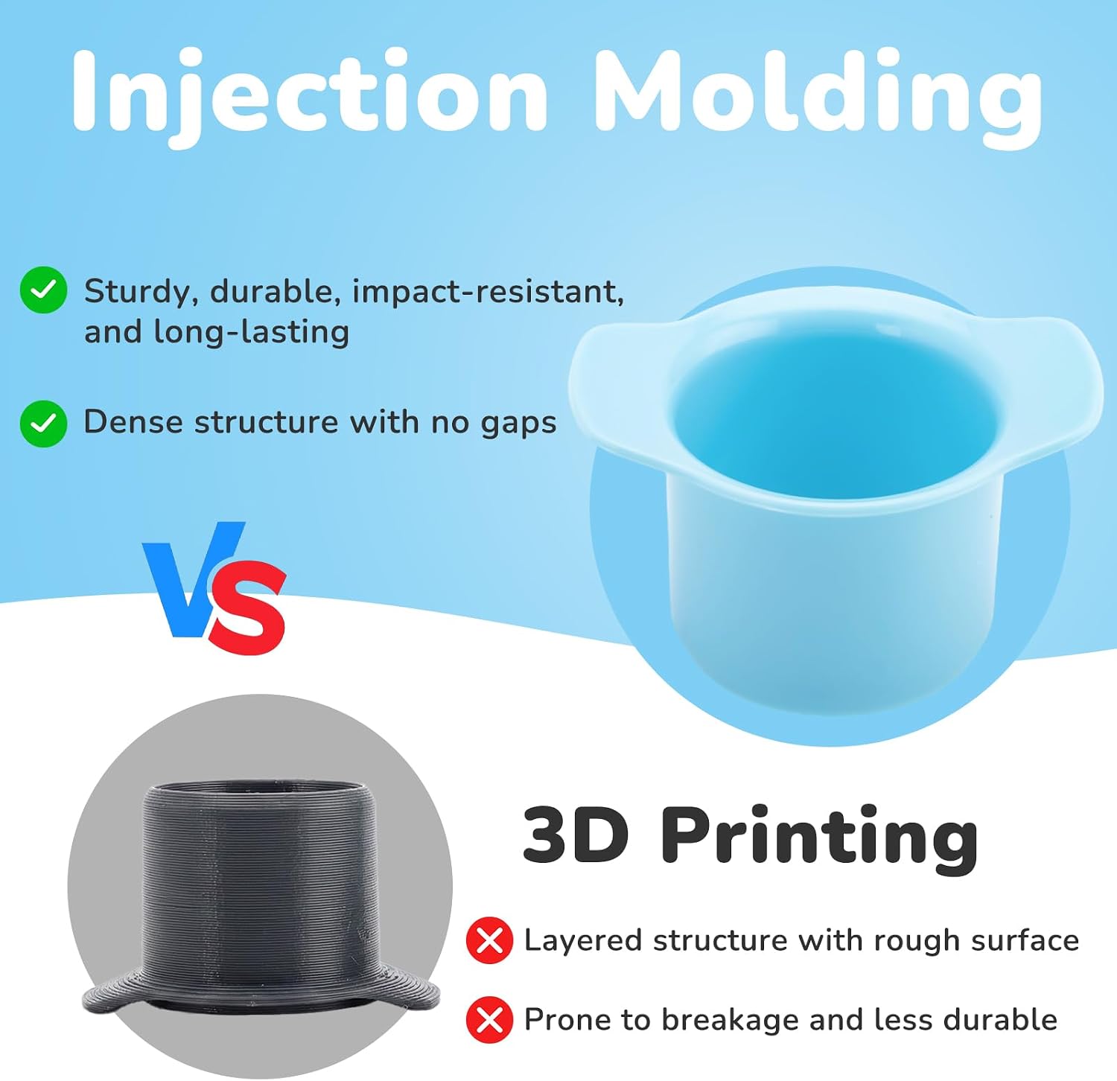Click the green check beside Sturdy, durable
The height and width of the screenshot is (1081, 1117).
(x=43, y=290)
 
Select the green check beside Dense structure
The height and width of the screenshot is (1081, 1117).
(x=43, y=423)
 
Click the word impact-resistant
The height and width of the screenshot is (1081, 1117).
(x=488, y=292)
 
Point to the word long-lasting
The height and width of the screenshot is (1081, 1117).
(x=251, y=332)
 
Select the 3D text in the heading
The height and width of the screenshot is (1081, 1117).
(x=576, y=835)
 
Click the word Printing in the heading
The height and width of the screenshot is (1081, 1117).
(x=819, y=840)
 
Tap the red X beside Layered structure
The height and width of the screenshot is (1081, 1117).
(x=489, y=941)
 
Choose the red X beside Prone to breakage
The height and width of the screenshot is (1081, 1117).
(x=489, y=1020)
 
